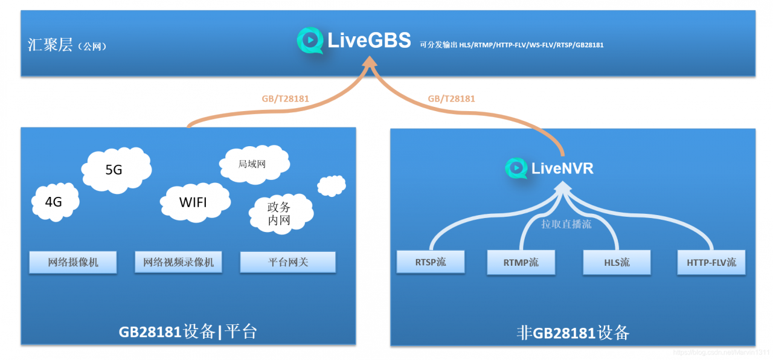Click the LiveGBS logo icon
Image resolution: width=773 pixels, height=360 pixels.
(310, 40)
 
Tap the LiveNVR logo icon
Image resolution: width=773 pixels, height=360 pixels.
(516, 168)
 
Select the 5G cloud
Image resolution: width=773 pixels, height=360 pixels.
(117, 170)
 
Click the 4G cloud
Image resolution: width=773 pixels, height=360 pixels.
(55, 202)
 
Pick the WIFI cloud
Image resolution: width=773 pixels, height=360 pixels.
(195, 202)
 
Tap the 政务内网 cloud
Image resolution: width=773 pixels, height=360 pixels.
(281, 214)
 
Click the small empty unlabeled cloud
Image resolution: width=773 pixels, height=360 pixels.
(332, 186)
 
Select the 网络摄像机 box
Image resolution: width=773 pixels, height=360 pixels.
(73, 262)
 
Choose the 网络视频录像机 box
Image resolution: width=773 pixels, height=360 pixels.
(178, 262)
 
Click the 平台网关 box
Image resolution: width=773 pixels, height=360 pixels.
(288, 262)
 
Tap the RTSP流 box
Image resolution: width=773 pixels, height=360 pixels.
(431, 262)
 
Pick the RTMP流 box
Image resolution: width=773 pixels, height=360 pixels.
(521, 263)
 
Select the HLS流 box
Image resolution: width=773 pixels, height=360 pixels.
(617, 263)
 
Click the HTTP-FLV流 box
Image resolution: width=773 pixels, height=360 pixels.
(711, 263)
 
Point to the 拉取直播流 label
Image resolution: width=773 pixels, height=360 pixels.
(566, 224)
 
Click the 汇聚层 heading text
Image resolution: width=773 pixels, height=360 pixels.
(50, 45)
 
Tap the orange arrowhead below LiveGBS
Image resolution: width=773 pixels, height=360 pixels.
(370, 62)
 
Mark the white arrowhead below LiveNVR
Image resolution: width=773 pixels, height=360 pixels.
(563, 187)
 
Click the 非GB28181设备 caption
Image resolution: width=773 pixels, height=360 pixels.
(573, 333)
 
